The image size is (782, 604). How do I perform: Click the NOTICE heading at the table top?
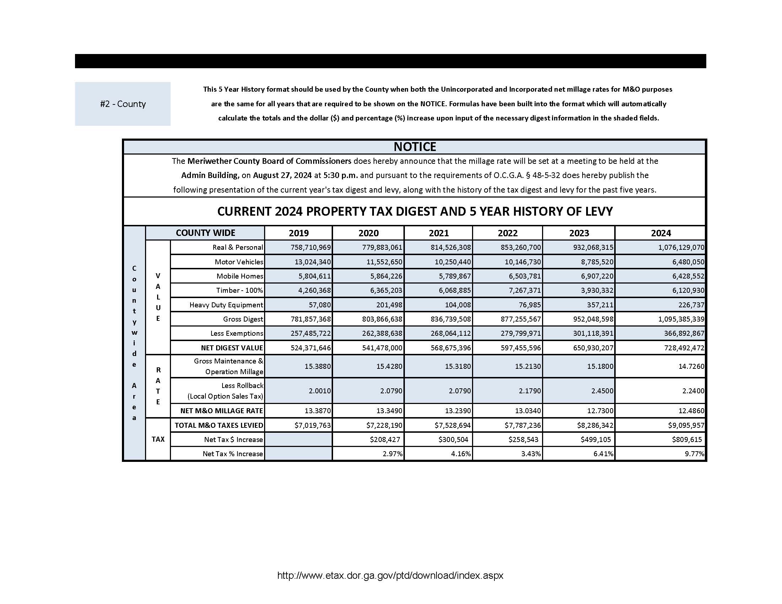[x=414, y=147]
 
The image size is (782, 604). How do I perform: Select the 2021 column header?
[x=438, y=233]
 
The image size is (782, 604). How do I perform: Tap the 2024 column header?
[x=660, y=233]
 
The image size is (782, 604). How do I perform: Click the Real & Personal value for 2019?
[x=310, y=247]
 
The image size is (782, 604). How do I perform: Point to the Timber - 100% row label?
[x=239, y=290]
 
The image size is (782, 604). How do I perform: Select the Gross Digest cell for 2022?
[x=521, y=319]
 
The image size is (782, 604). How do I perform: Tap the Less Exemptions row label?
[x=236, y=333]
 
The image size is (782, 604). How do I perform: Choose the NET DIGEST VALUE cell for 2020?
[x=382, y=347]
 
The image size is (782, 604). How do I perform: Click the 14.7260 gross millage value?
[x=691, y=366]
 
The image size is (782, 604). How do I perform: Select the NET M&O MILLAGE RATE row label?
[x=221, y=410]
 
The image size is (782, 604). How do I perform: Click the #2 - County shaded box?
[x=123, y=104]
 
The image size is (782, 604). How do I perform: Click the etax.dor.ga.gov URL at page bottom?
[x=390, y=575]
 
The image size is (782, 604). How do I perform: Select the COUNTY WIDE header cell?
[x=205, y=233]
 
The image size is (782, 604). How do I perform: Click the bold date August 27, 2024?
[x=282, y=175]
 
